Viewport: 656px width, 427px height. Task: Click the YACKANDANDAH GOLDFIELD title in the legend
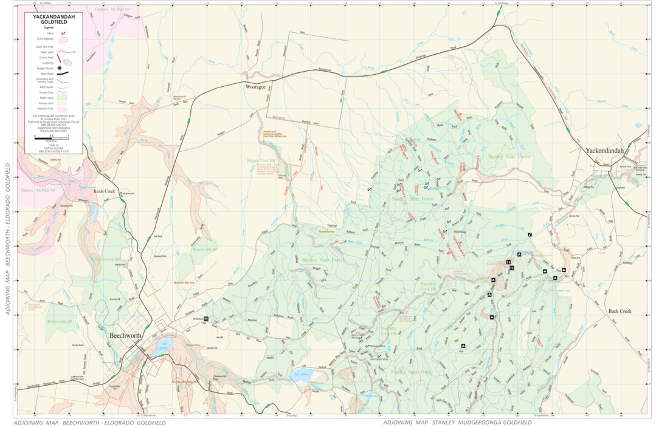(x=54, y=20)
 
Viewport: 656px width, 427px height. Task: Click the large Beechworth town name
(x=125, y=335)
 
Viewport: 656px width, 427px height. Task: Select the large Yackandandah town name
(x=609, y=150)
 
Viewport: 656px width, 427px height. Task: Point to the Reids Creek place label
(x=104, y=191)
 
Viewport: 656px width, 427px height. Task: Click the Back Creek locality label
(x=620, y=311)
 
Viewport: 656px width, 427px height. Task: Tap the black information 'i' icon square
(x=530, y=235)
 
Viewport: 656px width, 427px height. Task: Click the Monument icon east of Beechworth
(x=207, y=318)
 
